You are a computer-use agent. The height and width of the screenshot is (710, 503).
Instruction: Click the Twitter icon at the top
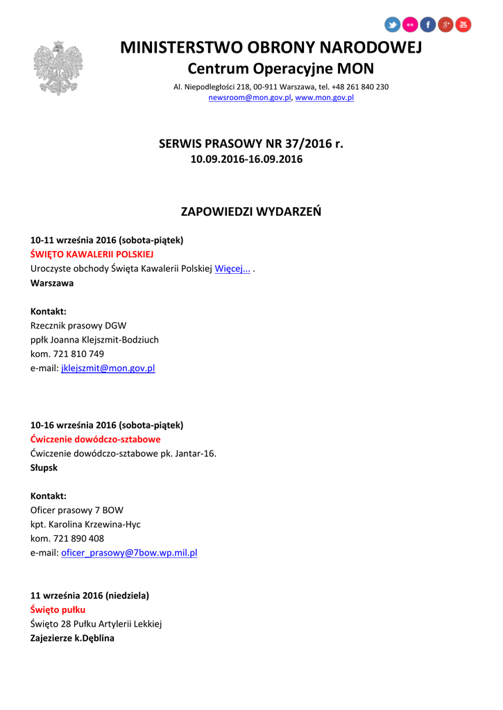point(393,25)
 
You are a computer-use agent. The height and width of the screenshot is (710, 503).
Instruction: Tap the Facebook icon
point(428,25)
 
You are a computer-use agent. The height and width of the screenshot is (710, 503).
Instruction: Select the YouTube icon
point(463,25)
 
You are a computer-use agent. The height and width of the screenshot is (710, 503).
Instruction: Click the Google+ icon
point(446,25)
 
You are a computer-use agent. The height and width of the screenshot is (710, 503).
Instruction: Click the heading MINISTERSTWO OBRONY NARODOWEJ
point(271,47)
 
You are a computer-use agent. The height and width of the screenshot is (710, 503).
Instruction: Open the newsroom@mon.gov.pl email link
point(250,98)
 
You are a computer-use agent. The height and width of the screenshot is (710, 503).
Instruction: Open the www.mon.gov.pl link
point(325,98)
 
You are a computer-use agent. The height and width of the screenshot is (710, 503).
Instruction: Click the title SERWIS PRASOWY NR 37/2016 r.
point(251,144)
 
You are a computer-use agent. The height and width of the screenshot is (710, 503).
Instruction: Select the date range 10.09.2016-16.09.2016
point(246,159)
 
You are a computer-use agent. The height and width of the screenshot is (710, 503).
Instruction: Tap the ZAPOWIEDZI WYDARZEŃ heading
point(251,211)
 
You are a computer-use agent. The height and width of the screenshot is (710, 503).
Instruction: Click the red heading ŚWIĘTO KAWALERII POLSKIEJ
point(92,254)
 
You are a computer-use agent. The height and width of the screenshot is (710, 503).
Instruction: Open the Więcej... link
point(232,269)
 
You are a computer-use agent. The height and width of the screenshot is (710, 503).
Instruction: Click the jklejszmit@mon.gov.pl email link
point(108,368)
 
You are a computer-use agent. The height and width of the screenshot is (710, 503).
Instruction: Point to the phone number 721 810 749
point(78,354)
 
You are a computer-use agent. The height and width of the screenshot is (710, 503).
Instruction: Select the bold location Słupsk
point(44,467)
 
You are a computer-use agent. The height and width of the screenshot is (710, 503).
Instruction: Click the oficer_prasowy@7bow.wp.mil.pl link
point(129,553)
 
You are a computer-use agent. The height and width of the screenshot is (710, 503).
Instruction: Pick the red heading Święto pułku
point(58,609)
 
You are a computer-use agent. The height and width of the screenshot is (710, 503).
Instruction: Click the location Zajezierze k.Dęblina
point(72,638)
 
